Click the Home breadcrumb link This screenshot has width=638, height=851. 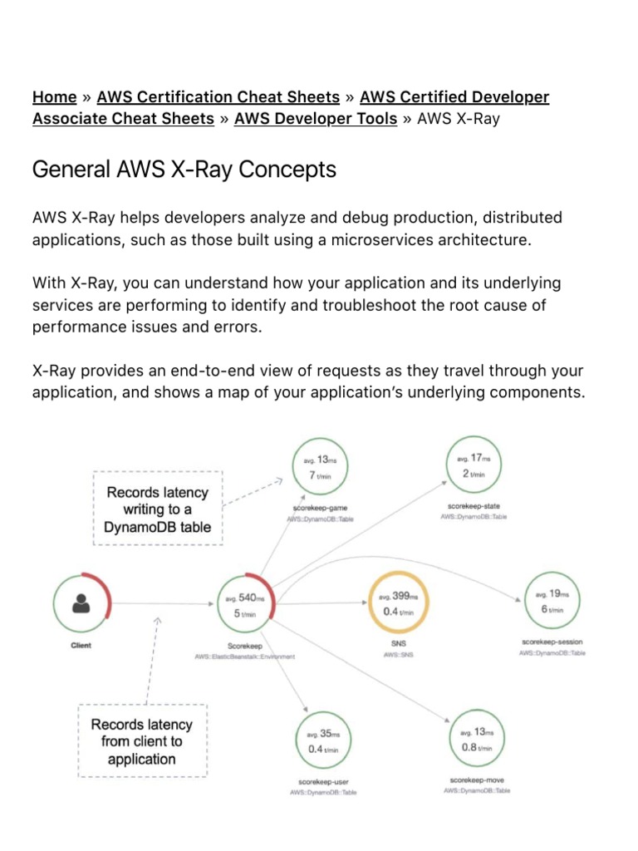[x=54, y=97]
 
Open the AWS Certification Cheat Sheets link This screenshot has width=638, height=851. [x=218, y=97]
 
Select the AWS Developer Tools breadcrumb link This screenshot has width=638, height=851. [x=316, y=119]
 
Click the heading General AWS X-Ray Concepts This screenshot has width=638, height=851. [x=184, y=170]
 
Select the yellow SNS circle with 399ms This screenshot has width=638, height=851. [x=398, y=604]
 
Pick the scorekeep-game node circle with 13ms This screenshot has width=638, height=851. [x=320, y=467]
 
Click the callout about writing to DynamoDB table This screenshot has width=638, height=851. [x=157, y=509]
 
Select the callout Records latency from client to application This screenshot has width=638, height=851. [x=141, y=741]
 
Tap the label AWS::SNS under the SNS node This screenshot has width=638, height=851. [x=398, y=655]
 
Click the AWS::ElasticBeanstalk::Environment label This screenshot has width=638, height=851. [x=244, y=657]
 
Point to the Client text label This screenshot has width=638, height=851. [x=81, y=646]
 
